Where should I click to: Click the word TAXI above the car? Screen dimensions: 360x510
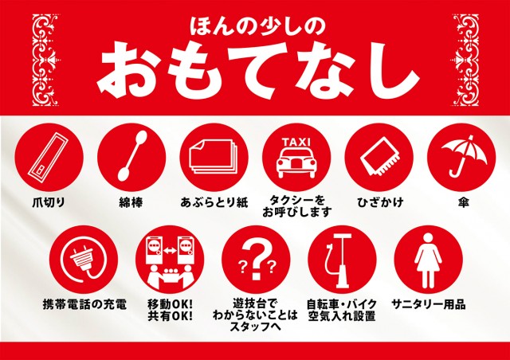[295, 140]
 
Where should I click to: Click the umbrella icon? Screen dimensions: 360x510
[461, 154]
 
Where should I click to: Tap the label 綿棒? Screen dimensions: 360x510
[131, 202]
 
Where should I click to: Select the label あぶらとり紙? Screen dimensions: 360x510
[214, 202]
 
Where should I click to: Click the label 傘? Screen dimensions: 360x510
[462, 202]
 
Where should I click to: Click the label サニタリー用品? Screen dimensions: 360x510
[428, 305]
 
